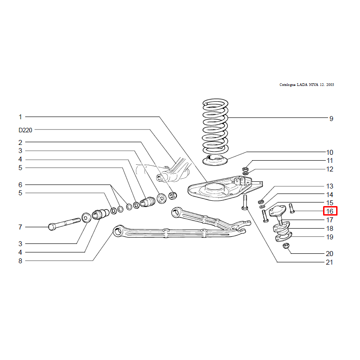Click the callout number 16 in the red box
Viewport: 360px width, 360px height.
pyautogui.click(x=330, y=211)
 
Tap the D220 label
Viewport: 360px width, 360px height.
pyautogui.click(x=25, y=130)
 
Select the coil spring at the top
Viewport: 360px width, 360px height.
pyautogui.click(x=215, y=126)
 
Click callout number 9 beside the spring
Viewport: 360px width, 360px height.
pyautogui.click(x=331, y=119)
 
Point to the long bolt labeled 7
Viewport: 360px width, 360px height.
pyautogui.click(x=64, y=224)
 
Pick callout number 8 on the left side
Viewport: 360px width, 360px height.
pyautogui.click(x=20, y=261)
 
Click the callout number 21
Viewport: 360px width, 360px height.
pyautogui.click(x=329, y=262)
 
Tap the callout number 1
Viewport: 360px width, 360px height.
pyautogui.click(x=20, y=117)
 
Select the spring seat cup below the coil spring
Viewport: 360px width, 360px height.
pyautogui.click(x=215, y=160)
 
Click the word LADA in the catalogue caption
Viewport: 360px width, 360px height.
pyautogui.click(x=302, y=85)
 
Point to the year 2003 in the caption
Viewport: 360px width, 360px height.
pyautogui.click(x=330, y=85)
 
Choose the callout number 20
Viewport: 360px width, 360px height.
pyautogui.click(x=329, y=254)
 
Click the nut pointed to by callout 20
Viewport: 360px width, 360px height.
pyautogui.click(x=286, y=246)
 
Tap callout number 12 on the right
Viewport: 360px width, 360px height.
pyautogui.click(x=330, y=169)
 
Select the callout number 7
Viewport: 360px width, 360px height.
pyautogui.click(x=20, y=227)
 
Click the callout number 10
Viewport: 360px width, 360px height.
pyautogui.click(x=330, y=153)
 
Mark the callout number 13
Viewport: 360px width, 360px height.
pyautogui.click(x=330, y=186)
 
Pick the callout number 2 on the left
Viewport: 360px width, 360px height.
pyautogui.click(x=20, y=143)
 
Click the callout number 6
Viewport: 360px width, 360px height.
pyautogui.click(x=20, y=185)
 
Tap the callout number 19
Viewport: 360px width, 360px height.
pyautogui.click(x=330, y=237)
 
